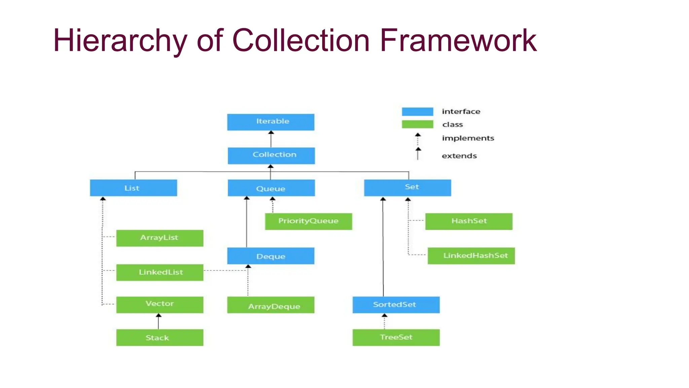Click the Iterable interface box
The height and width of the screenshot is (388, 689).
270,122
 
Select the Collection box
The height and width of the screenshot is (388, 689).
271,156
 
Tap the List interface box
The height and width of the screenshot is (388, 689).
133,188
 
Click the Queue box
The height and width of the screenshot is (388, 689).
271,188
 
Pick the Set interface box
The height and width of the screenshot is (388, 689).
407,188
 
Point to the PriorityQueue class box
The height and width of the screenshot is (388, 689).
308,221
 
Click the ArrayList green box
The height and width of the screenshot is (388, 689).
159,238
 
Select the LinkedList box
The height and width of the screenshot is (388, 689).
159,272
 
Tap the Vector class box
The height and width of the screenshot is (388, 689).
159,304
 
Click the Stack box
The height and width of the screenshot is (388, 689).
159,337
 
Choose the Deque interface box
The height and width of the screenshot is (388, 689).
270,256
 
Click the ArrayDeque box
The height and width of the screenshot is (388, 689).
270,305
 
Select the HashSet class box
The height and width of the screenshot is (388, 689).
469,221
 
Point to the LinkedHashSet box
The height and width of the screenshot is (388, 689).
471,256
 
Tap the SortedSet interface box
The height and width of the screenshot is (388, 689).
396,305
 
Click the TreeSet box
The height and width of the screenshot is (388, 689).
396,337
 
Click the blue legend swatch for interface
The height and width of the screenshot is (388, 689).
417,111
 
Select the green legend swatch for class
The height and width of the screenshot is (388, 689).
417,124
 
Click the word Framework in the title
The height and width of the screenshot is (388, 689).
458,40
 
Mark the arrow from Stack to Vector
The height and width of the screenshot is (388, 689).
158,321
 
